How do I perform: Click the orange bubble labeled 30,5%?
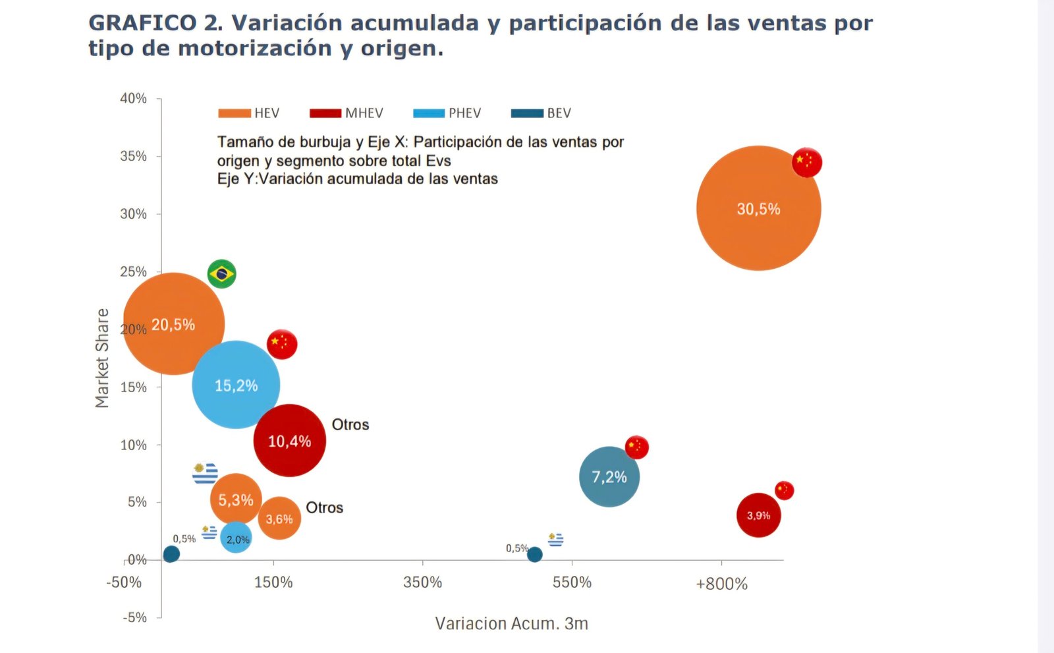tap(758, 208)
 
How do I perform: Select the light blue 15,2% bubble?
tap(236, 385)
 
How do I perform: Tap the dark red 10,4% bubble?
tap(290, 440)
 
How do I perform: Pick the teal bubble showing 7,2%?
tap(609, 476)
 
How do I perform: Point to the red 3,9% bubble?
tap(758, 515)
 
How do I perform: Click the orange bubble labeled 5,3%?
tap(236, 499)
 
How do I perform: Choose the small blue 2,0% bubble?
tap(236, 538)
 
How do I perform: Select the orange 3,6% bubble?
tap(279, 519)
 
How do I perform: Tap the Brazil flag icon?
tap(221, 273)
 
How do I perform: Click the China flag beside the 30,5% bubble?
tap(806, 162)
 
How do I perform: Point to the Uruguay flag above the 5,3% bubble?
tap(206, 473)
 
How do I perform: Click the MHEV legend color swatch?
tap(325, 113)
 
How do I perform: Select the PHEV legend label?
tap(464, 113)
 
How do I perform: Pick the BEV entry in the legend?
tap(559, 113)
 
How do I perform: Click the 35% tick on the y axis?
tap(133, 156)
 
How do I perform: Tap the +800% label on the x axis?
tap(721, 584)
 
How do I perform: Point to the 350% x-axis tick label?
tap(422, 582)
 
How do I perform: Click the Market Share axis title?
tap(102, 358)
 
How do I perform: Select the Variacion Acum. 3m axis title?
tap(511, 623)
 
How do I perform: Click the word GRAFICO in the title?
tap(142, 23)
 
